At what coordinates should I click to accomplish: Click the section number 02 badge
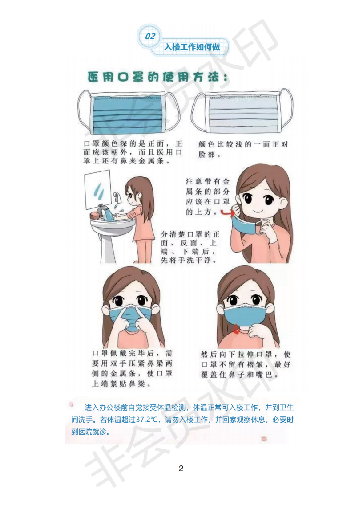coord(149,36)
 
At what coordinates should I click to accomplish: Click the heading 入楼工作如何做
coord(192,47)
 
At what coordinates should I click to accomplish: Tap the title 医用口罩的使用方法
coord(157,77)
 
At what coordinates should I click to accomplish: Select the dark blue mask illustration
coord(129,112)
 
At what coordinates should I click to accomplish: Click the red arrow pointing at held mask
coord(227,213)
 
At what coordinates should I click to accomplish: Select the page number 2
coord(181,469)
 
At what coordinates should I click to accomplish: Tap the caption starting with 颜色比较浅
coord(243,149)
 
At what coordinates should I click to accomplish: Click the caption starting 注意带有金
coord(207,197)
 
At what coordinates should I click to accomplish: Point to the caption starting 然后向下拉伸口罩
coord(246,365)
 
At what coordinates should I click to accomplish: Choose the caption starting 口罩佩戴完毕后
coord(132,368)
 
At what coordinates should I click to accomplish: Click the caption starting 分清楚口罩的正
coord(190,247)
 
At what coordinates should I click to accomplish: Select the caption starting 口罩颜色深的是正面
coord(133,152)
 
